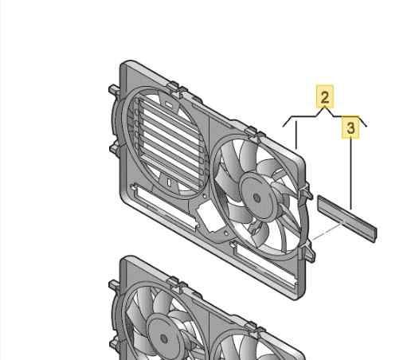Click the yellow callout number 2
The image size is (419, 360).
[x=324, y=98]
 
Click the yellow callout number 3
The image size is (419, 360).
[x=350, y=127]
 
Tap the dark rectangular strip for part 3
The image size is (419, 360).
[x=347, y=217]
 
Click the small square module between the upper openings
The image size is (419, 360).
[x=209, y=214]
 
